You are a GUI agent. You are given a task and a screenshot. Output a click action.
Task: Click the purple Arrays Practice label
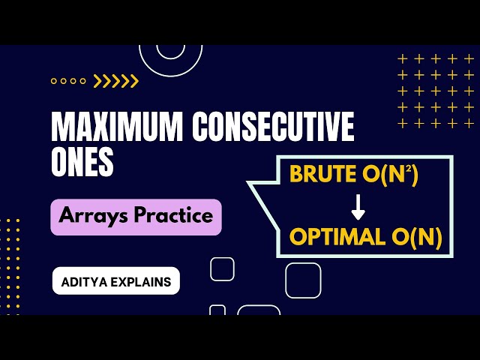point(136,217)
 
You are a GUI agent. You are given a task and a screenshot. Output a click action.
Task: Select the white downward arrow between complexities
point(358,206)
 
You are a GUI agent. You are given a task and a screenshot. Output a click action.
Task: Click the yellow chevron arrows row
point(116,81)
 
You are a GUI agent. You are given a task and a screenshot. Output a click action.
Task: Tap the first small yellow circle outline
point(54,81)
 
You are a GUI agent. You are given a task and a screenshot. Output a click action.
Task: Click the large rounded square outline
point(303,280)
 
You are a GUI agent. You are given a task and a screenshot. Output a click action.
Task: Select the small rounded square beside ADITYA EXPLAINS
point(222,268)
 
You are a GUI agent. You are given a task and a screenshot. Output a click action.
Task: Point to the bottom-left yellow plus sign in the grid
point(403,124)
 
